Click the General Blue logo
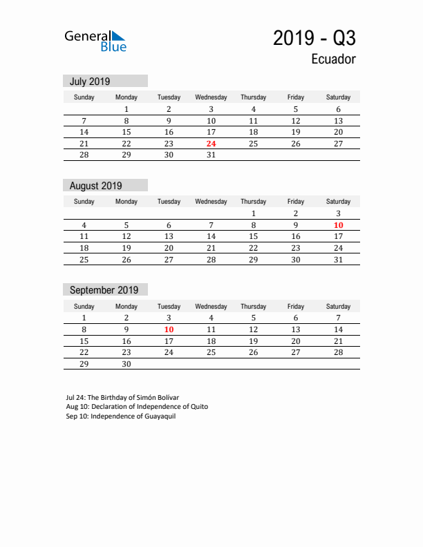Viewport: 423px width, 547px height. point(95,41)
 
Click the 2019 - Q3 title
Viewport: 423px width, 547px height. point(314,38)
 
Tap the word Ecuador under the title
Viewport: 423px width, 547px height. point(333,59)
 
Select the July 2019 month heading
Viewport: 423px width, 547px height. point(90,81)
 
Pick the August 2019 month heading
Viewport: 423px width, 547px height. point(95,186)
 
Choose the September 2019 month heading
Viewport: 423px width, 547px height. point(104,290)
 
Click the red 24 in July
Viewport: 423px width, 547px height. point(211,144)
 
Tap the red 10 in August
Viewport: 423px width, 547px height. point(338,225)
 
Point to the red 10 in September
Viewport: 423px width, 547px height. point(169,329)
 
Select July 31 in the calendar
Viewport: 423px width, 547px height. point(211,155)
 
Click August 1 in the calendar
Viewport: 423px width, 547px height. point(254,213)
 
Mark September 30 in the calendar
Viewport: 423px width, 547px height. point(126,365)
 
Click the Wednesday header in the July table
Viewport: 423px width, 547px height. point(211,97)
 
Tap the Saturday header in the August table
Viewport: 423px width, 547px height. point(338,202)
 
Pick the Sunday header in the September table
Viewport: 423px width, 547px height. point(84,306)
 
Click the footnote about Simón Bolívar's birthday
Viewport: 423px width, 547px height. point(122,398)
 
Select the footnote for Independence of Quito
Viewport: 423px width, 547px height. point(137,407)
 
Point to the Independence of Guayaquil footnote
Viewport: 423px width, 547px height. point(121,416)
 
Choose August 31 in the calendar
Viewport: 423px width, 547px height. point(338,260)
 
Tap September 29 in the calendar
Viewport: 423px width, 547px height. point(84,365)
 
